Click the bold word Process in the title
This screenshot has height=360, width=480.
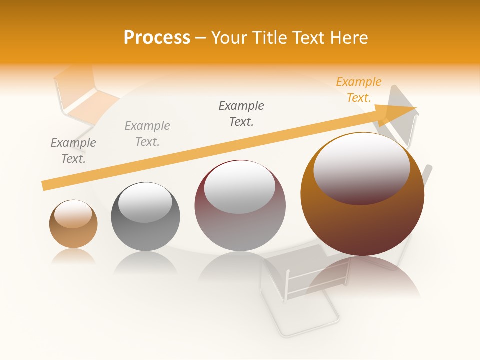157,38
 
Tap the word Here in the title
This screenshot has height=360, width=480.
349,38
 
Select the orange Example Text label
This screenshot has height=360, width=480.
358,90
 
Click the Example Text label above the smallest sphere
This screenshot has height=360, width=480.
73,150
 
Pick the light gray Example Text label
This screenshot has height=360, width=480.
147,133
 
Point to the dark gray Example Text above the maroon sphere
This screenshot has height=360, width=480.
241,113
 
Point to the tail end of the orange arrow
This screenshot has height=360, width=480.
46,185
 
